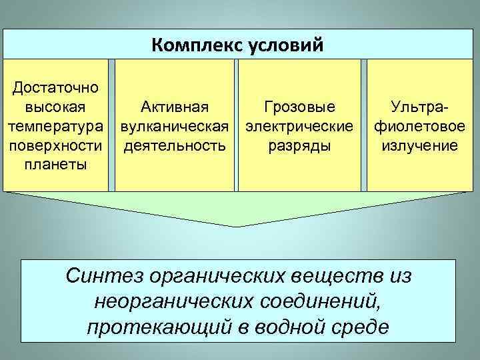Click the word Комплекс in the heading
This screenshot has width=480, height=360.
[x=198, y=45]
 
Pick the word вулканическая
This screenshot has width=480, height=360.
[x=174, y=126]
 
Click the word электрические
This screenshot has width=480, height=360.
[x=299, y=126]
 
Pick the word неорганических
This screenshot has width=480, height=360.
[x=173, y=301]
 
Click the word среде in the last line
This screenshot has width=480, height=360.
[x=363, y=327]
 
